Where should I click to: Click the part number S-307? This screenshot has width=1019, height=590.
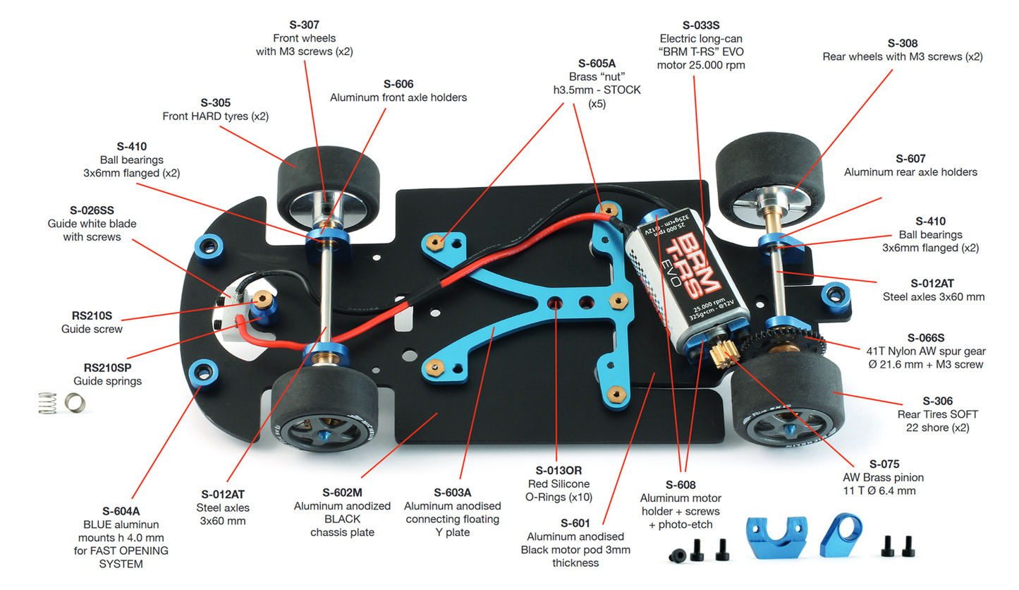[x=305, y=25]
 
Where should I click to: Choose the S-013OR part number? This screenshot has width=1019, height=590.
[x=556, y=470]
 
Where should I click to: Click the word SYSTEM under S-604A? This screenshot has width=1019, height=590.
[x=121, y=564]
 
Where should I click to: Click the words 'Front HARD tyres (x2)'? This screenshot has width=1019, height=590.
[x=215, y=116]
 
